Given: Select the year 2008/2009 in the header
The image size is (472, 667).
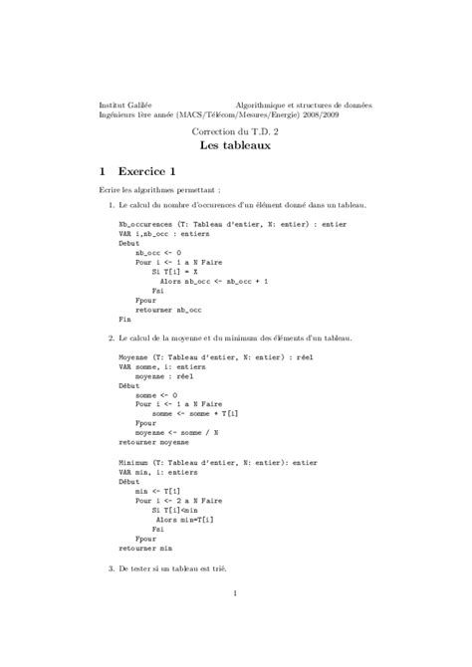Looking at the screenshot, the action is coord(351,114).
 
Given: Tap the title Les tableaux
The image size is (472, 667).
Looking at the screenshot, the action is coord(235,144).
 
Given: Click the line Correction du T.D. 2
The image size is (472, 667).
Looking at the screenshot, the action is coord(235,131).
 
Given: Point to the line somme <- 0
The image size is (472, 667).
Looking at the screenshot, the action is coord(156,393).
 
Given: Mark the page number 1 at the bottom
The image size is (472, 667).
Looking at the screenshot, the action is coord(235,595).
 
